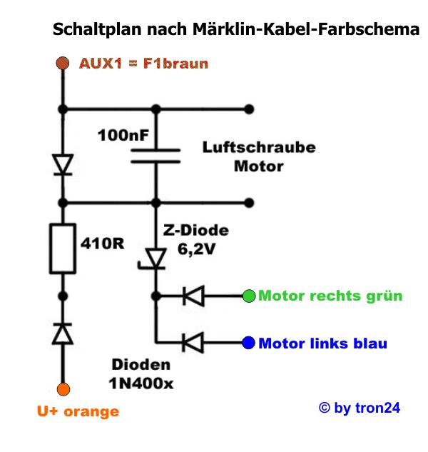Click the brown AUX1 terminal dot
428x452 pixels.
point(63,64)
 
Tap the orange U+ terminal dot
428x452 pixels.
point(63,389)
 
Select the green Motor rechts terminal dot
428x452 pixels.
point(248,295)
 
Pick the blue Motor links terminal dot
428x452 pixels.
point(248,343)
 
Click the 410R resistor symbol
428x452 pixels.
point(63,248)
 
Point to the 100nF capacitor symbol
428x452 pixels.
point(155,155)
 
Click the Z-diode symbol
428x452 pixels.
point(155,259)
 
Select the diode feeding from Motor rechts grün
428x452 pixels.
point(192,295)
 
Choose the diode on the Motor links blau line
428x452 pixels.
point(192,343)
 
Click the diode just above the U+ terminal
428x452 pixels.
point(63,333)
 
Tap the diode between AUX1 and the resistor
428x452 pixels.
point(63,165)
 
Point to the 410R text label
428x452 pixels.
point(101,243)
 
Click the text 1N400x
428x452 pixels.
point(141,384)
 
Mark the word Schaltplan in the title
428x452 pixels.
point(91,31)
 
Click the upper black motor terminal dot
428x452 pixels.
point(248,109)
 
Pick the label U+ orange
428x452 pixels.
point(78,411)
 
